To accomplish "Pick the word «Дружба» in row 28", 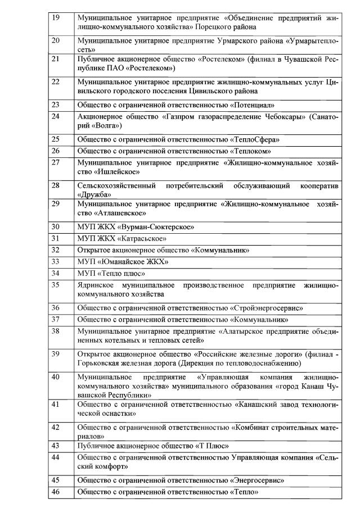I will [x=94, y=194].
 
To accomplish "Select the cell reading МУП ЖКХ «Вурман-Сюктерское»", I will [x=136, y=227].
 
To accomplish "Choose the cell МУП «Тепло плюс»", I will [x=111, y=274].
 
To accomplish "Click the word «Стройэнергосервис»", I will [x=267, y=308].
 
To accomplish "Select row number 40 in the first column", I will [x=56, y=377].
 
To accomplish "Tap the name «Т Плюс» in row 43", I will [x=211, y=446].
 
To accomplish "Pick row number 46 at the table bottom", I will [x=56, y=492].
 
